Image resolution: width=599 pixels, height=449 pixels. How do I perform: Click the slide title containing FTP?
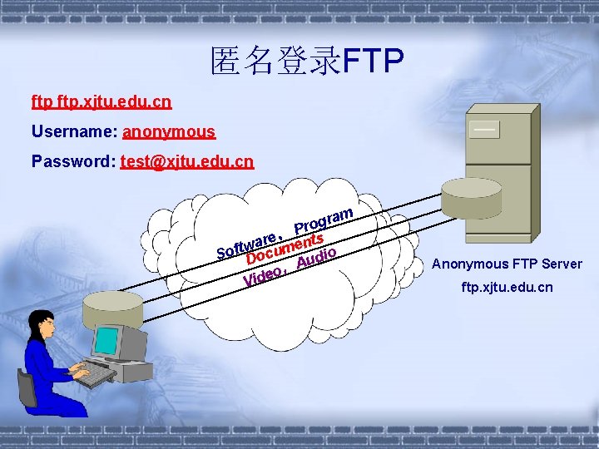tap(307, 60)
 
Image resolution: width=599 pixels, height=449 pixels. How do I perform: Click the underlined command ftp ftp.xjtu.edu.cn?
tap(101, 102)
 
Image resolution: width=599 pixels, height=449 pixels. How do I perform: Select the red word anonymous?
tap(169, 131)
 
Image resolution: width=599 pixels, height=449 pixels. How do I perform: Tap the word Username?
tap(73, 131)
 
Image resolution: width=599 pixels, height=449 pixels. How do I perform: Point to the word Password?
tap(72, 161)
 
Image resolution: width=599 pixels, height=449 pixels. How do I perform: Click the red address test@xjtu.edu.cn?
tap(187, 161)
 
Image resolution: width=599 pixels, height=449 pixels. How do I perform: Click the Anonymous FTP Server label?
tap(507, 264)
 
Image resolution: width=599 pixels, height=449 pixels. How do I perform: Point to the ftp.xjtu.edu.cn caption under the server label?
tap(507, 287)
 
